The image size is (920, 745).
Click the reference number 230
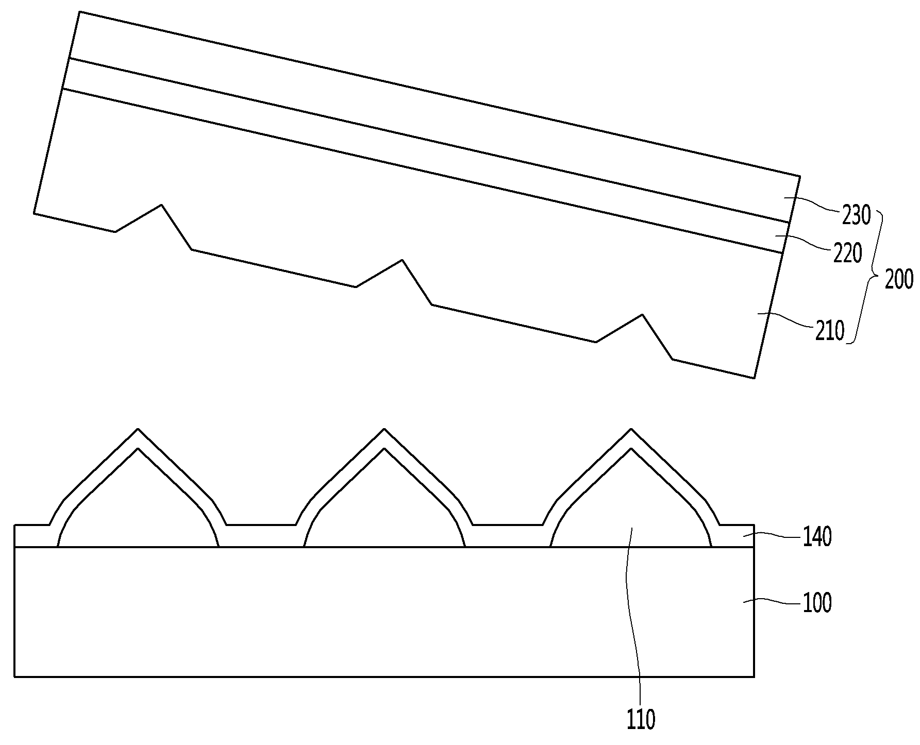pos(857,215)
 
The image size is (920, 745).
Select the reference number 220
pos(848,253)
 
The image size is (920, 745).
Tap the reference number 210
pos(830,331)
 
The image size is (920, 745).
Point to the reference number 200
pos(899,279)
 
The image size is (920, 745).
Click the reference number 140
pos(817,538)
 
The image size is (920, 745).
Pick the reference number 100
pos(817,602)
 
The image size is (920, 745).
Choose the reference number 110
pos(641,719)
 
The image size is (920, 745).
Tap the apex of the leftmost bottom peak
pos(138,429)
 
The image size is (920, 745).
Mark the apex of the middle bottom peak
pos(384,429)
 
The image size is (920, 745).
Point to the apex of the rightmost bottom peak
pos(630,429)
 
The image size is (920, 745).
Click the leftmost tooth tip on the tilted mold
pos(162,205)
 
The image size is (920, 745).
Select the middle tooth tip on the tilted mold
pos(402,260)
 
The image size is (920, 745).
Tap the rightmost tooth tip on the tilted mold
pos(642,314)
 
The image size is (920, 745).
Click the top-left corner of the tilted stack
pos(80,11)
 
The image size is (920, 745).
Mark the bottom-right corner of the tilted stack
pos(754,378)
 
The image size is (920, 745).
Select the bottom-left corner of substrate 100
pos(14,676)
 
